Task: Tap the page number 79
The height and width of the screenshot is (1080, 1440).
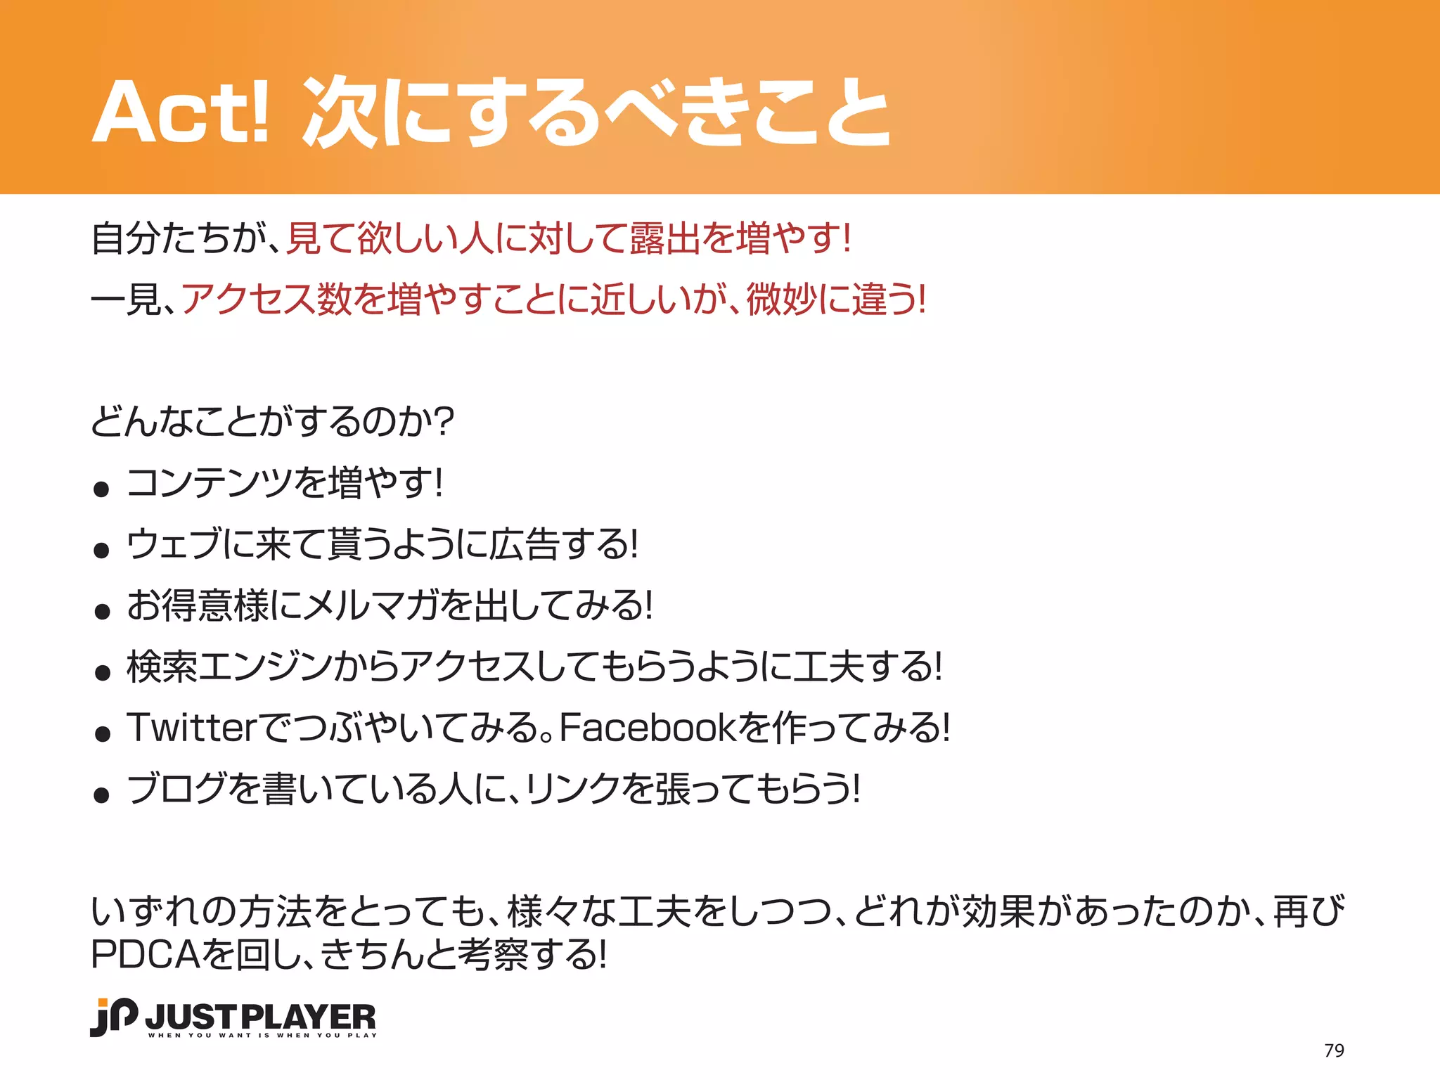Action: [x=1334, y=1050]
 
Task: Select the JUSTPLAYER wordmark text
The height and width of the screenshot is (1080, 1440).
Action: [x=261, y=1017]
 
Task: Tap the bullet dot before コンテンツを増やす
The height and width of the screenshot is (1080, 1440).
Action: [x=102, y=489]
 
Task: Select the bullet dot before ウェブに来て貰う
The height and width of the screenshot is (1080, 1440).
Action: [x=102, y=550]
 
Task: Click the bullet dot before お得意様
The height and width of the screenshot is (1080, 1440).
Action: [x=102, y=611]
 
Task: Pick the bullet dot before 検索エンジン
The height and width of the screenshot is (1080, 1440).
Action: [x=102, y=673]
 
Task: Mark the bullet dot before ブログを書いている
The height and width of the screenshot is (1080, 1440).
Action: [x=102, y=795]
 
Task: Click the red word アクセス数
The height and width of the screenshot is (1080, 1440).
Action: [x=266, y=300]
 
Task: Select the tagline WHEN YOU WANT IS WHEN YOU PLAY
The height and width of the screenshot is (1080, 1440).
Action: [x=262, y=1035]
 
